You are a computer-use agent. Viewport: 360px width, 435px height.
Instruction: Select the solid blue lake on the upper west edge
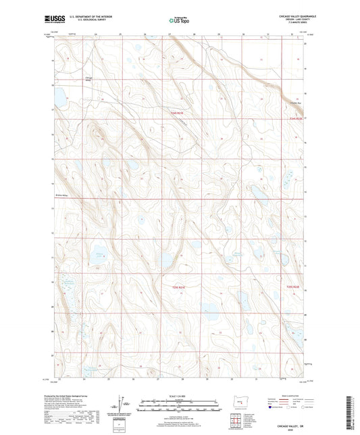(x=58, y=99)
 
